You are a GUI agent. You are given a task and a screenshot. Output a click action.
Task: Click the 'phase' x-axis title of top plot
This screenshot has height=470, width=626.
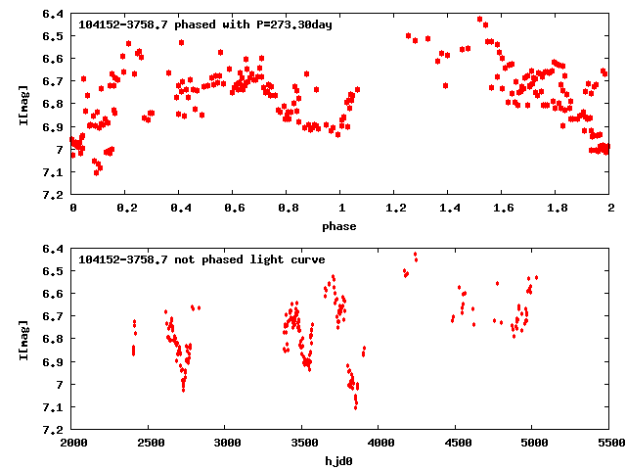click(x=341, y=226)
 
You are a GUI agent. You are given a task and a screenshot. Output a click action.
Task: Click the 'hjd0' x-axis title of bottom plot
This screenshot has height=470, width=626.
click(x=341, y=461)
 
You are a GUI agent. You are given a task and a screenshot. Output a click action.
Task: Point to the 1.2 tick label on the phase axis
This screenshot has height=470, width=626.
click(x=395, y=209)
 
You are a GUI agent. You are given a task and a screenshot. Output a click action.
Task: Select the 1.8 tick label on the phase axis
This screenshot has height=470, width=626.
click(x=557, y=209)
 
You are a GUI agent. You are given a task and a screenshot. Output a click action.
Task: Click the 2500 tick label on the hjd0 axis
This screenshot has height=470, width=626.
click(x=150, y=444)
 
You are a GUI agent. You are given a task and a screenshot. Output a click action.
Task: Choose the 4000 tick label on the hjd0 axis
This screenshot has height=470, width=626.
click(x=380, y=444)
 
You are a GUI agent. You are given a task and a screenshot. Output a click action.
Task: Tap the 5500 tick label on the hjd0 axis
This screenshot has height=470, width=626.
click(x=610, y=444)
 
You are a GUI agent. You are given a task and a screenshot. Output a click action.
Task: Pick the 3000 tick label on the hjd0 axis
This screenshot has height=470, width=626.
click(x=226, y=444)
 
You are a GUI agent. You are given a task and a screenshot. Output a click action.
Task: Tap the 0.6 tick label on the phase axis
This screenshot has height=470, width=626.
click(x=234, y=209)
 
